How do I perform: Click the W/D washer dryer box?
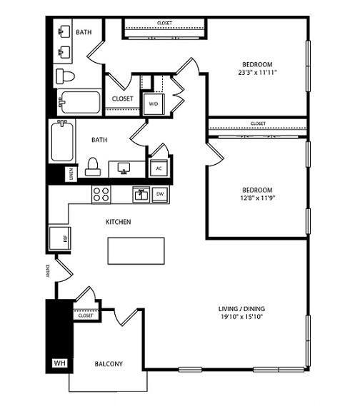coord(154,103)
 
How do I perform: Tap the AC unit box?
coord(158,168)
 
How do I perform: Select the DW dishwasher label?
coord(160,193)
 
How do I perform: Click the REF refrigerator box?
coord(56,238)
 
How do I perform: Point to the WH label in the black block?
coord(59,363)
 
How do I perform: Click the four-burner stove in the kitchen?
coord(101,193)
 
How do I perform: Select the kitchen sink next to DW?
coord(140,193)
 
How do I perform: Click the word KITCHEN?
coord(118,222)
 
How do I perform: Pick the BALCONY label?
coord(109,364)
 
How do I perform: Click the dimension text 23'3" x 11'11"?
coord(257,72)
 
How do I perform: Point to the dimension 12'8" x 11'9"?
coord(256,198)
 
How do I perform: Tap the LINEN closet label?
coord(71,173)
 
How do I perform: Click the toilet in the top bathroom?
coord(64,76)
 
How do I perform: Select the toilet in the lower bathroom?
coord(92,166)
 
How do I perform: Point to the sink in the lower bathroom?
coord(122,168)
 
